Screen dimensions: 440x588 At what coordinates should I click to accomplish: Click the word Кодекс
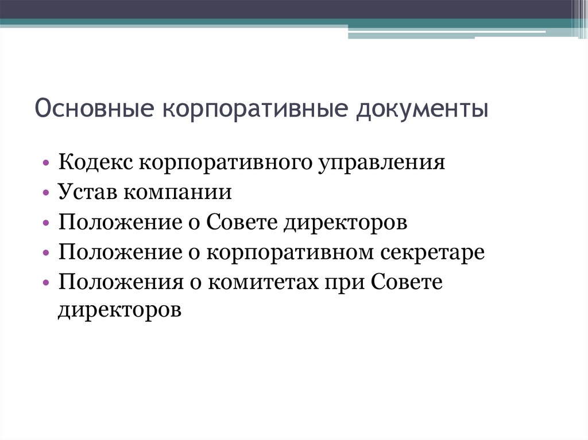point(95,162)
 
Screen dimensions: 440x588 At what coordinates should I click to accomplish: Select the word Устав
point(86,192)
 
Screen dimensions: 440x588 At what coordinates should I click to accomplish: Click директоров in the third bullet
point(345,222)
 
